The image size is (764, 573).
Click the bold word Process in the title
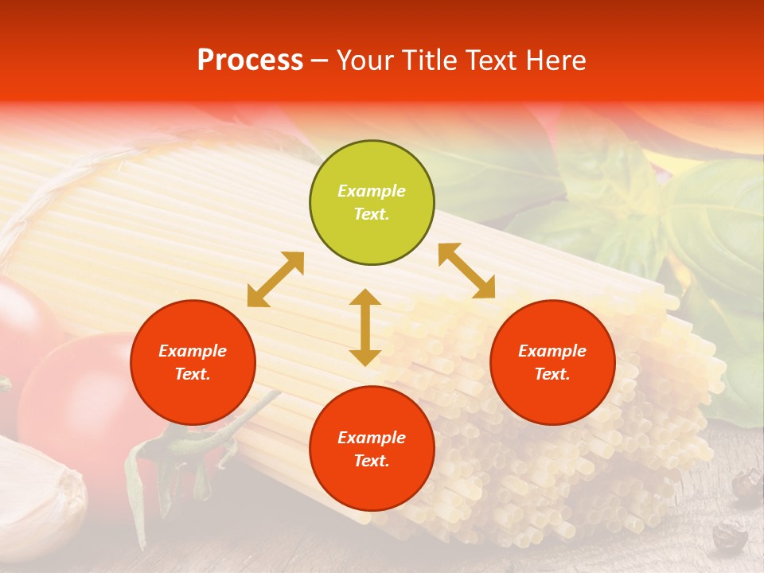[x=250, y=60]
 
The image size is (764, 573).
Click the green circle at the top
[x=372, y=203]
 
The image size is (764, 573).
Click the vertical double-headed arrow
[x=365, y=327]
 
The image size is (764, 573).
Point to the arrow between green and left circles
[x=275, y=279]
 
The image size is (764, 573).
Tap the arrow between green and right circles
[x=466, y=271]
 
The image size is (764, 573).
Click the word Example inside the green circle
[x=372, y=191]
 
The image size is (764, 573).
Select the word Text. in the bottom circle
[x=372, y=461]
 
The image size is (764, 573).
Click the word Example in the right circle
[x=552, y=351]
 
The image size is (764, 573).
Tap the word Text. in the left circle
[x=193, y=374]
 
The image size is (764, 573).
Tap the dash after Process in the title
[x=319, y=60]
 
